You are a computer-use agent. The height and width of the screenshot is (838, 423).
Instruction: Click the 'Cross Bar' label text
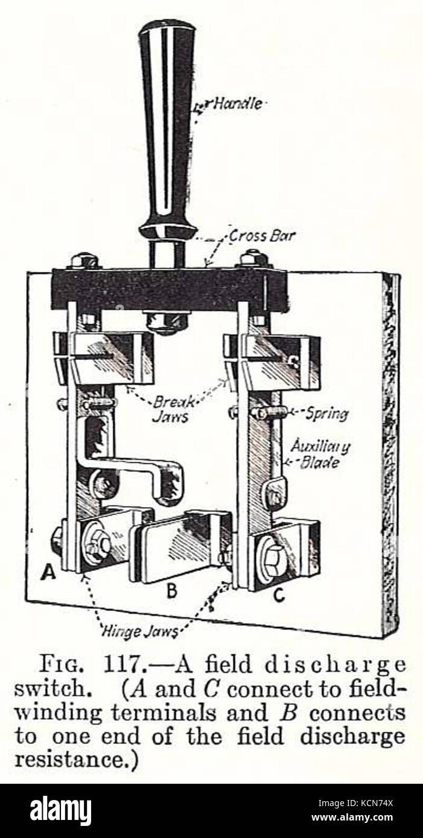click(262, 236)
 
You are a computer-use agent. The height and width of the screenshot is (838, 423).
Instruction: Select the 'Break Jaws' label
click(173, 408)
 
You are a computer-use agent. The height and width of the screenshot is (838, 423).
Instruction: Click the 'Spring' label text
click(326, 414)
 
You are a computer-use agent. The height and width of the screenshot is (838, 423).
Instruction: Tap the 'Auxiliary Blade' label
click(320, 455)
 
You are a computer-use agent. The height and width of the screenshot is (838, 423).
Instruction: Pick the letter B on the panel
click(172, 591)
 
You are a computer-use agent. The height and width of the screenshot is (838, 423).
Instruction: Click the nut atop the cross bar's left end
click(84, 260)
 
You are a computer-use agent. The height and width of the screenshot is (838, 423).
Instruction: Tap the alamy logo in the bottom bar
click(60, 811)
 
